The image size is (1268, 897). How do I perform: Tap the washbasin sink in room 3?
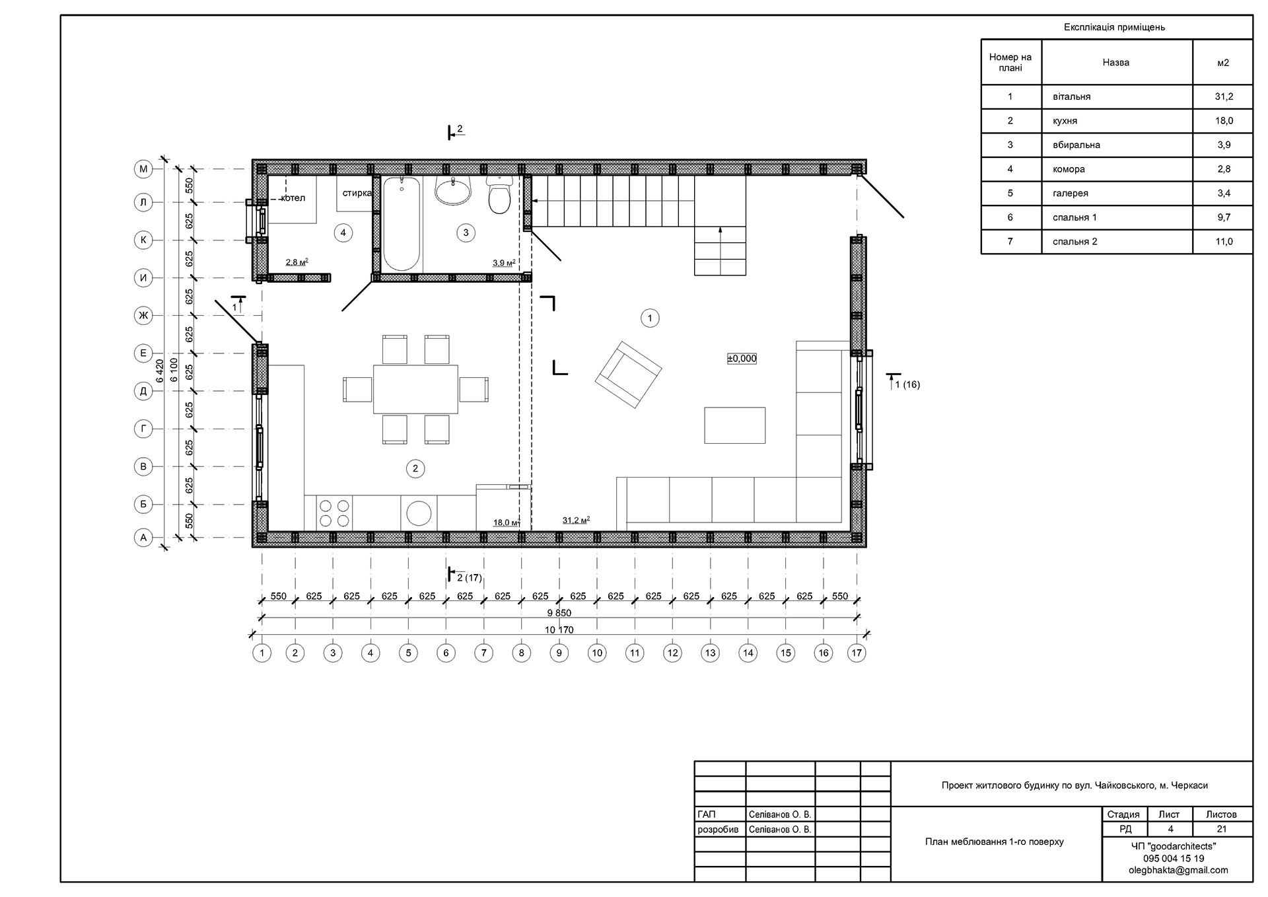click(x=453, y=190)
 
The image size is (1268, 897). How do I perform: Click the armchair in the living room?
click(x=628, y=374)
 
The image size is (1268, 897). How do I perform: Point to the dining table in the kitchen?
click(x=415, y=389)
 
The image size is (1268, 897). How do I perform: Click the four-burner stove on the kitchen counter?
click(x=334, y=513)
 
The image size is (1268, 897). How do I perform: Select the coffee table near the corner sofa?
click(x=734, y=425)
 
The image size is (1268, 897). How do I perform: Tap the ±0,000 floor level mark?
click(x=742, y=359)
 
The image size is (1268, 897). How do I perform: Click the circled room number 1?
click(x=650, y=318)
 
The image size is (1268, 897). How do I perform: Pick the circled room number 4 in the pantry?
click(x=343, y=233)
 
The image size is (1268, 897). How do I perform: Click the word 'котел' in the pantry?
click(x=293, y=198)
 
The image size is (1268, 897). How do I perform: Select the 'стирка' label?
click(x=357, y=193)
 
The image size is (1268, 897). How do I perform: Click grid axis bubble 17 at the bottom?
click(x=857, y=653)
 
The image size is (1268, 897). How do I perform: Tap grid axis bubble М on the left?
click(x=143, y=169)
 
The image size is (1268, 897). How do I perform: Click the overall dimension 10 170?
click(x=559, y=629)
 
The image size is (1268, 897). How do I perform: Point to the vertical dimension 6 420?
click(x=159, y=371)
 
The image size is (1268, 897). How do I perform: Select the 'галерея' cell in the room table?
click(x=1070, y=194)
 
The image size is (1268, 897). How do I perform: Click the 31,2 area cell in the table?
click(x=1223, y=96)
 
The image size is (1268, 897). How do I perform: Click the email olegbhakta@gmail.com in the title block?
click(x=1178, y=870)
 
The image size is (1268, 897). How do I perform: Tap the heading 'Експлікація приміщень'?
click(x=1114, y=27)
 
